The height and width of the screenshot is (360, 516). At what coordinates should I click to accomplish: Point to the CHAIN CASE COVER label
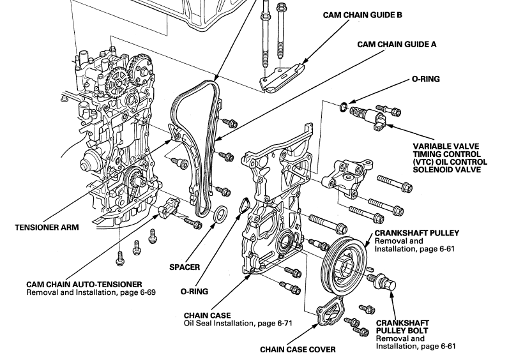coord(298,349)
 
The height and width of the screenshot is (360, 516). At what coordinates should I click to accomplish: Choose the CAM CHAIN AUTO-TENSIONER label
coord(84,283)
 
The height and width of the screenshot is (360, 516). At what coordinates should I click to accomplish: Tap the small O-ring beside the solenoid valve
coord(344,105)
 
